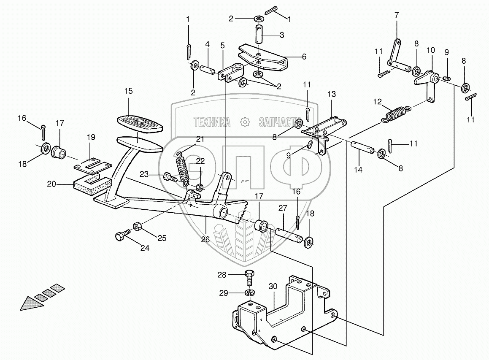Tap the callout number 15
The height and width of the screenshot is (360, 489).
click(x=128, y=91)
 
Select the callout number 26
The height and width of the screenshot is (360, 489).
click(x=205, y=240)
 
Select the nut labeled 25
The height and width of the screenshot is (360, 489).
click(x=138, y=226)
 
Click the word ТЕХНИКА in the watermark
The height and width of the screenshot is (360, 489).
click(x=212, y=122)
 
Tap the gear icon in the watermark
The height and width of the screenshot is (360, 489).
click(x=244, y=123)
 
